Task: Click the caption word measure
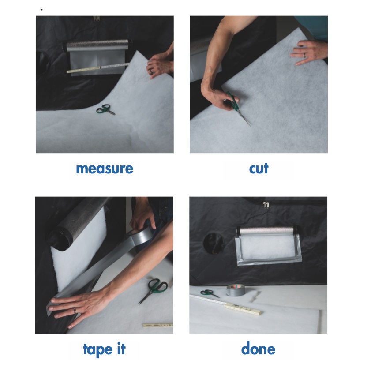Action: [105, 169]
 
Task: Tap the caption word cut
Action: [259, 169]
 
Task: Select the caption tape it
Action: [104, 349]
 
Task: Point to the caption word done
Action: [258, 349]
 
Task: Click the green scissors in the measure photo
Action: [105, 110]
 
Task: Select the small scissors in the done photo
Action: [209, 293]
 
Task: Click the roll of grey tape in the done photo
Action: [236, 290]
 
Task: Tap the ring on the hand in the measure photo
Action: [151, 71]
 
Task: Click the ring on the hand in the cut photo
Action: [304, 55]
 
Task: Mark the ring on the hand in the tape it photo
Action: [75, 311]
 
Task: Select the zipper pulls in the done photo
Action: [266, 205]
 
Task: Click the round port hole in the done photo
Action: [214, 243]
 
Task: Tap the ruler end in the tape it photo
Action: [158, 325]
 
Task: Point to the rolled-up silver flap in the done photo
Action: [267, 231]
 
